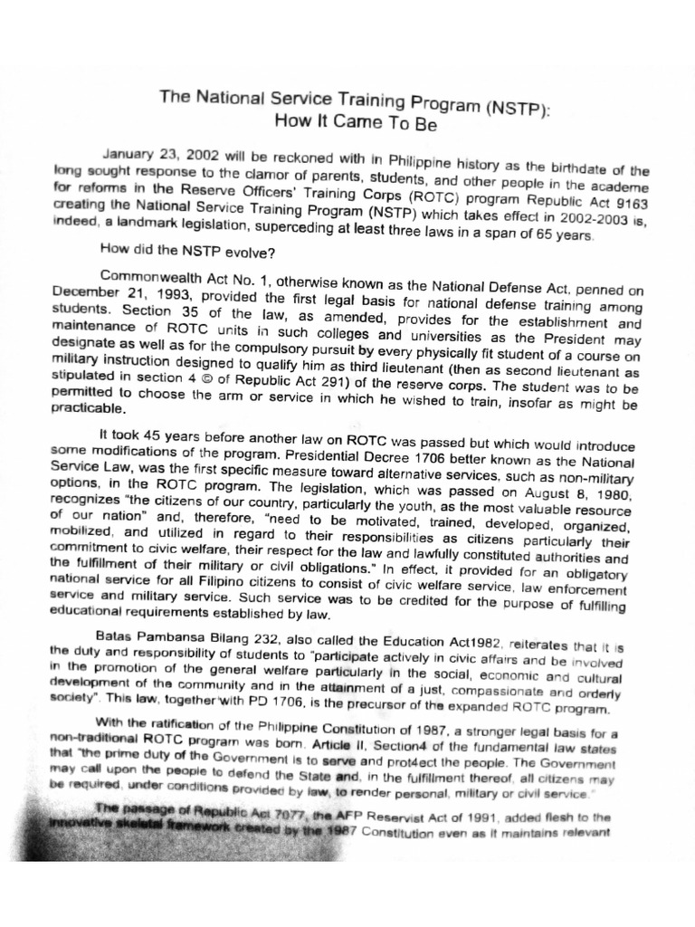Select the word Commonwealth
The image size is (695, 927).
(x=147, y=276)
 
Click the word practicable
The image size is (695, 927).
(x=85, y=407)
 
